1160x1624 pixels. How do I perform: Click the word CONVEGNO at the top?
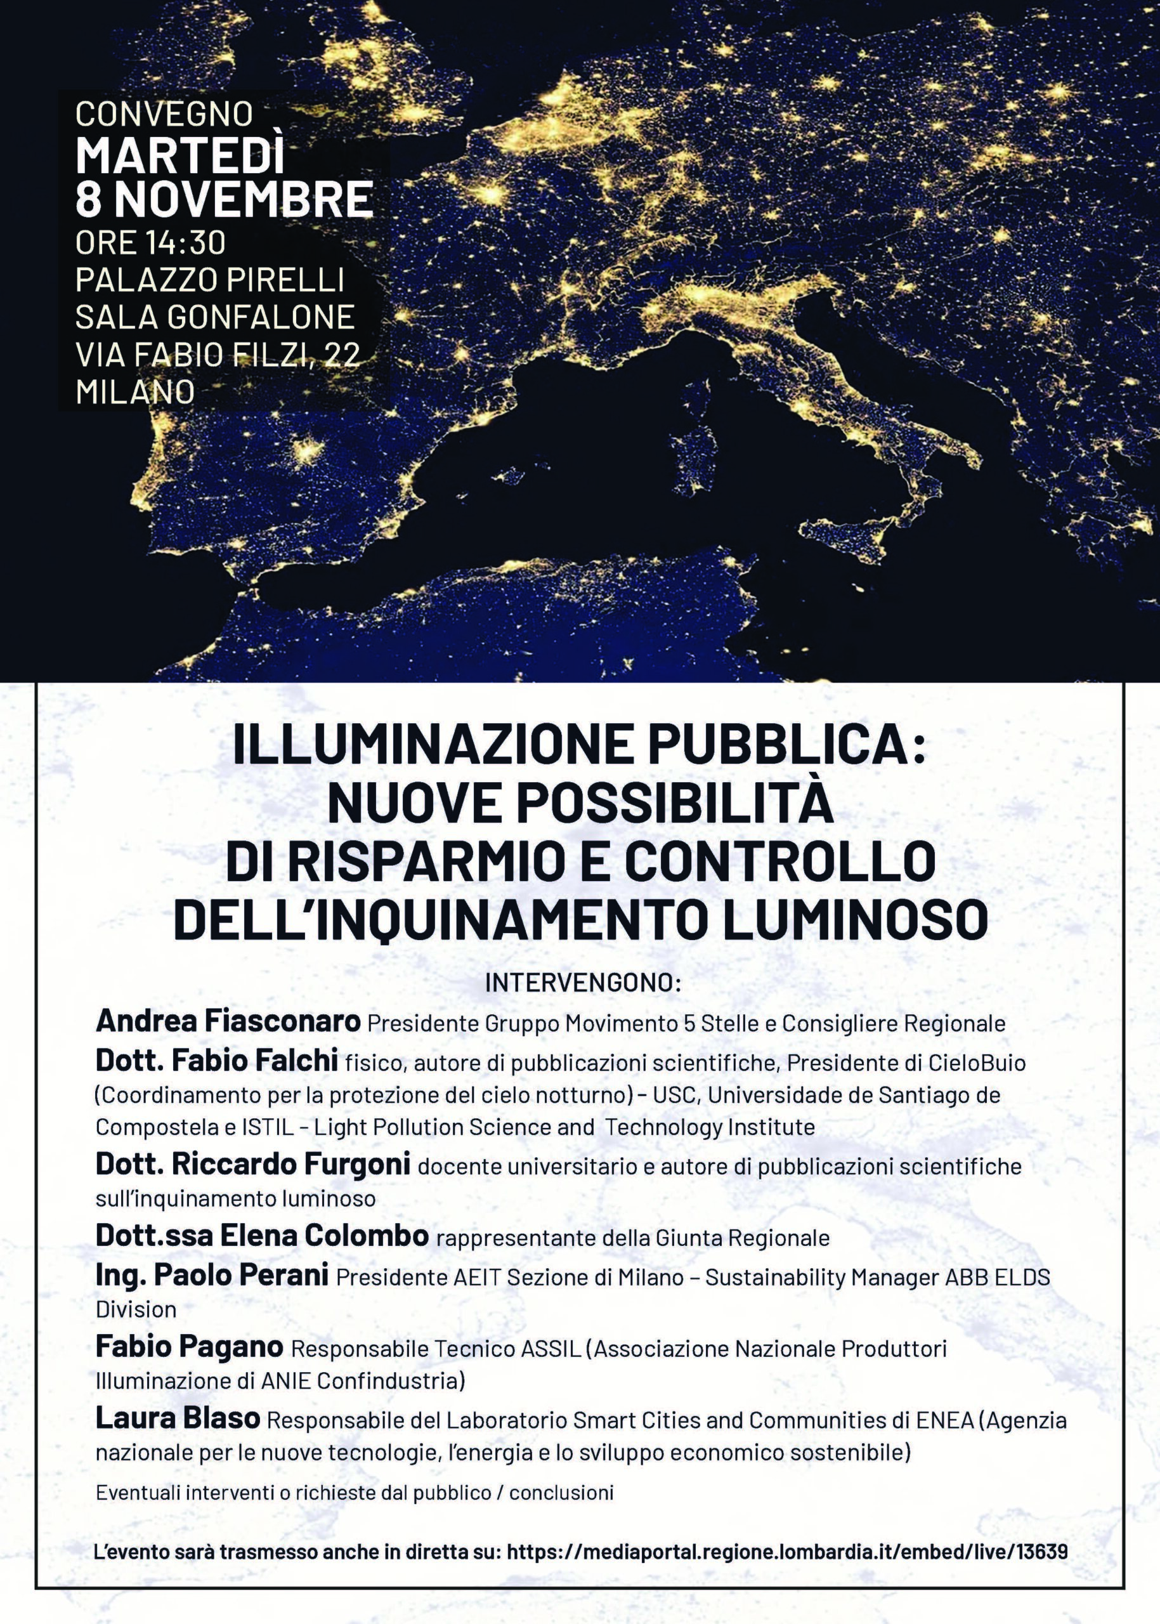point(164,114)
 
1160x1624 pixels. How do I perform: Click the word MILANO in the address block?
point(135,391)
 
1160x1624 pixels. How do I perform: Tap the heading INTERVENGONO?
point(582,983)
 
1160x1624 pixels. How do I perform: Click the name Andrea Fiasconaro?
point(228,1022)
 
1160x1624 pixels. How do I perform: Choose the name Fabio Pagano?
point(189,1348)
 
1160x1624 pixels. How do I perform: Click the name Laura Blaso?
point(178,1419)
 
